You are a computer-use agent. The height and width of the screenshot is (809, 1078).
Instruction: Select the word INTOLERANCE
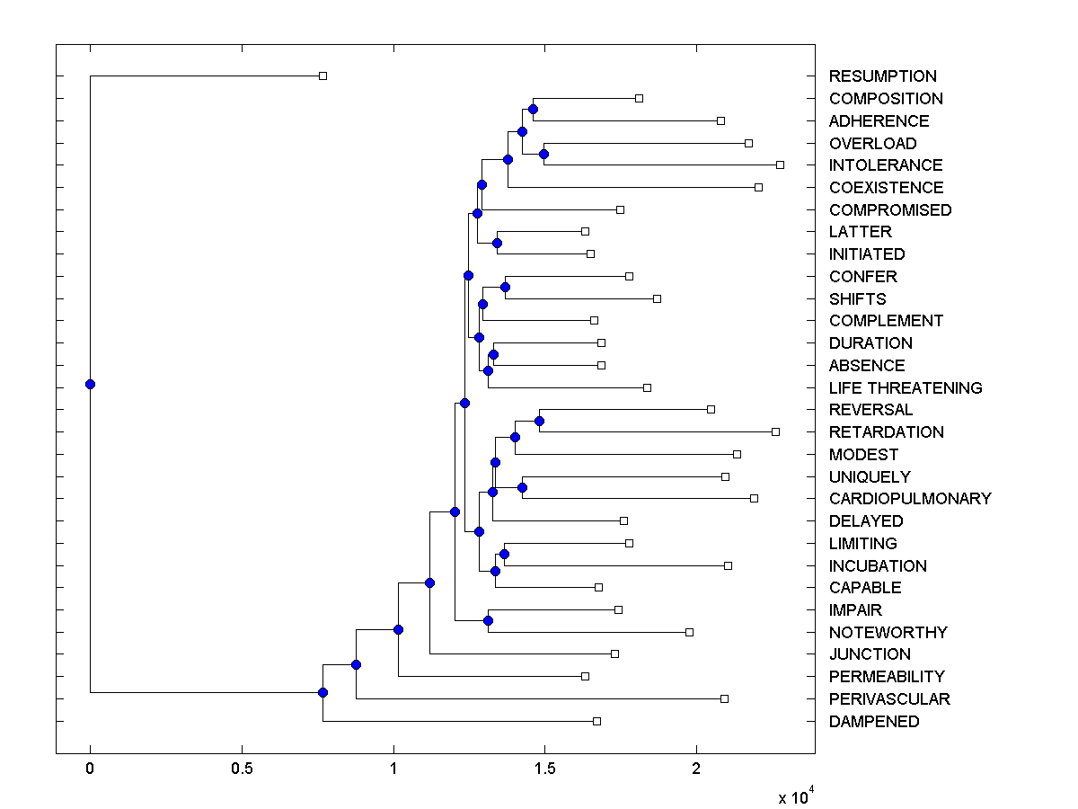(885, 165)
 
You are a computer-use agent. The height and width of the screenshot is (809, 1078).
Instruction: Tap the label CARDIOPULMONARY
(909, 499)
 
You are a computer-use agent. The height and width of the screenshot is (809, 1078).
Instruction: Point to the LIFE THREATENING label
(905, 388)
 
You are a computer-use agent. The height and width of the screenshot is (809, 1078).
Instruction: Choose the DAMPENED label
(873, 722)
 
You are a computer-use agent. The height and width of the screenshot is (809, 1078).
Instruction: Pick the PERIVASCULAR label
(888, 699)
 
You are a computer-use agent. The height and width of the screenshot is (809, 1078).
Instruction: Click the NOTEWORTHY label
(888, 633)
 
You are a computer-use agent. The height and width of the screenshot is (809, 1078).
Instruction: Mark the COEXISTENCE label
(886, 188)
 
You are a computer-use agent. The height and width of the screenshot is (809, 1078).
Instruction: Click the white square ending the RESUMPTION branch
(323, 76)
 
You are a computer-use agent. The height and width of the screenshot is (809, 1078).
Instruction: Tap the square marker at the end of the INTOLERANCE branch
(780, 165)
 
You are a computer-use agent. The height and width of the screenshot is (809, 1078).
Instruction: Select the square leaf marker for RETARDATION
(775, 432)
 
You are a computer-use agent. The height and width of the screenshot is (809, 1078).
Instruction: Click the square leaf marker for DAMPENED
(596, 721)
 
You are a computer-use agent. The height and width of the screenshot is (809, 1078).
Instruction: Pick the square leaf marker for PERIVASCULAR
(724, 698)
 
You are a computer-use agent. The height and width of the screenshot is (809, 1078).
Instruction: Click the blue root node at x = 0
(90, 385)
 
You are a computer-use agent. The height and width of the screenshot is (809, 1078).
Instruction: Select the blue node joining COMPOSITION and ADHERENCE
(533, 110)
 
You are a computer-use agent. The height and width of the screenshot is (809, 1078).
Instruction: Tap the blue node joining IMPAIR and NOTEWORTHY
(488, 621)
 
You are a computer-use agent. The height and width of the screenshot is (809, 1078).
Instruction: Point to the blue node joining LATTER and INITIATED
(497, 243)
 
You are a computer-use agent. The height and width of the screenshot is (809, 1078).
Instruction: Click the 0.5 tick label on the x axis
(242, 769)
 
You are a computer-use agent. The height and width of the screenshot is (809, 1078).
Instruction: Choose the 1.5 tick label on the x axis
(544, 769)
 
